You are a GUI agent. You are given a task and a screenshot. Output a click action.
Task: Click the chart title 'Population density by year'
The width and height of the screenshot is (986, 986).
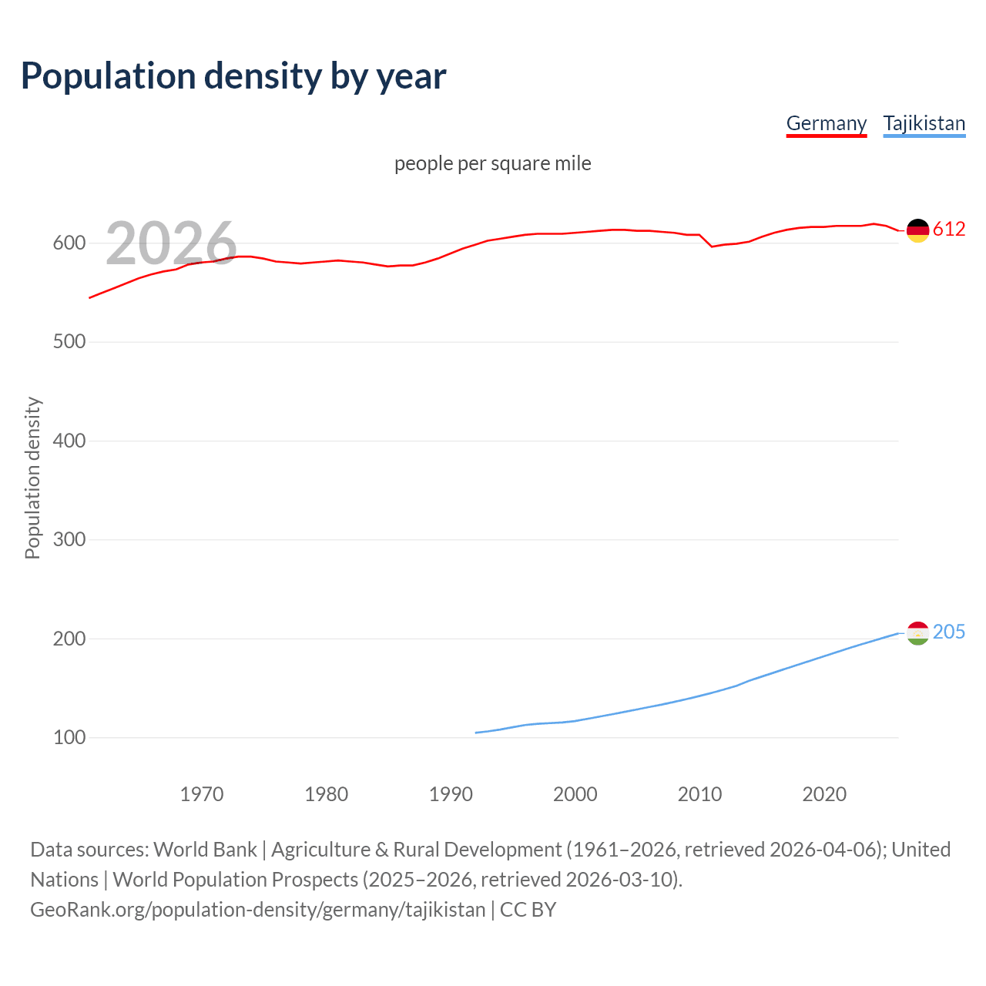(233, 75)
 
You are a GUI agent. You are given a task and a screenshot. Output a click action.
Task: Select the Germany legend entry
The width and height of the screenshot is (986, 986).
(826, 123)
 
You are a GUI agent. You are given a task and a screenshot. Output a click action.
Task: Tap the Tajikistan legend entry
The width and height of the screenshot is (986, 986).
(924, 123)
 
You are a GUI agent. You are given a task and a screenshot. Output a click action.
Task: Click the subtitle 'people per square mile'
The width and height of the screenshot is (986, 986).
(492, 163)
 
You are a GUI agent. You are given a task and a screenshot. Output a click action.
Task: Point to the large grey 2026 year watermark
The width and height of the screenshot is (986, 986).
(171, 243)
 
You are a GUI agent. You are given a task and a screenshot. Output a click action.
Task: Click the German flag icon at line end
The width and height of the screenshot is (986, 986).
(917, 230)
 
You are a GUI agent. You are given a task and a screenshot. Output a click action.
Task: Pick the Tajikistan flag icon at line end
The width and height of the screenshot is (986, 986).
(917, 633)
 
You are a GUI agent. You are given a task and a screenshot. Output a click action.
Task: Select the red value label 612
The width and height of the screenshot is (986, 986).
(948, 229)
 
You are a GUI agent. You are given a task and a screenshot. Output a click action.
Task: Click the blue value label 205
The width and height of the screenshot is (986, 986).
(948, 632)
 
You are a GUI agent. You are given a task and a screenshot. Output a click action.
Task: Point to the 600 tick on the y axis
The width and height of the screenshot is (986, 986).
(69, 243)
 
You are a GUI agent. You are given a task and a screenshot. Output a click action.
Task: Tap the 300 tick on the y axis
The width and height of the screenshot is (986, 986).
(69, 539)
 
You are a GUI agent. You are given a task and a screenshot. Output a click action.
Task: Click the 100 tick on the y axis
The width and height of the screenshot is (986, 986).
(69, 737)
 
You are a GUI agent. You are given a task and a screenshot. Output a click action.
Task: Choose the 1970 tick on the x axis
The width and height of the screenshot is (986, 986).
(202, 794)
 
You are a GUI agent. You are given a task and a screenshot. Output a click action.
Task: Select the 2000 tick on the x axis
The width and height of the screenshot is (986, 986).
(575, 794)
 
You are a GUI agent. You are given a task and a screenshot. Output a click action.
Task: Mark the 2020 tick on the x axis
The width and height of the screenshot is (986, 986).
(824, 794)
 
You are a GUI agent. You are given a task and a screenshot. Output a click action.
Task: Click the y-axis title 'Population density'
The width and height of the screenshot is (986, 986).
(32, 478)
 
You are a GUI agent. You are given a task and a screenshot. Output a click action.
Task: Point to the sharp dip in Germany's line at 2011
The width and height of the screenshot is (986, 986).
(712, 246)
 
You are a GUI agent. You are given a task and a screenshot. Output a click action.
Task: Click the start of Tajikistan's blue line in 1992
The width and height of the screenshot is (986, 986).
(476, 733)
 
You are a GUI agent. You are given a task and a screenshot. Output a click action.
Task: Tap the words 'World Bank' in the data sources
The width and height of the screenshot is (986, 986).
(205, 849)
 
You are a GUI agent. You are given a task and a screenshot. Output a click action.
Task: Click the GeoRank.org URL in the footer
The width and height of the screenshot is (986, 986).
(258, 909)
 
